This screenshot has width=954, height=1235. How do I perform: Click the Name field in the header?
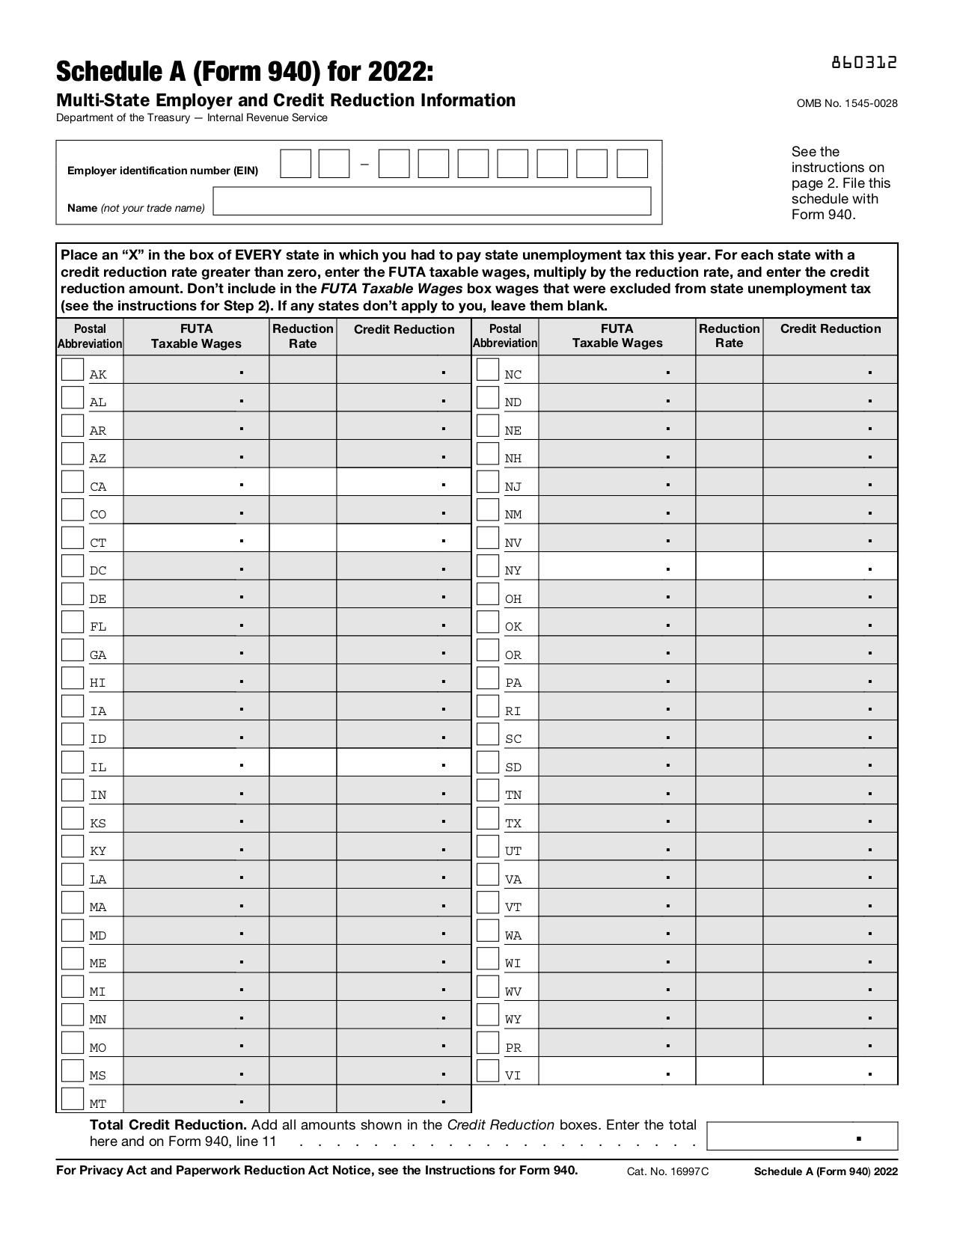432,201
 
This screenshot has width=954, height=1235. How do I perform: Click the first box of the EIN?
296,164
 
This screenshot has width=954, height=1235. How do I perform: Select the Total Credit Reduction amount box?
801,1136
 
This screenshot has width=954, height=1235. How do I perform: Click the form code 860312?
863,63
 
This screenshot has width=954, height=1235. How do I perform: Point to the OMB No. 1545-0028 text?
846,103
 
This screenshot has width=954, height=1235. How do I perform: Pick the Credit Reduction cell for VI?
830,1071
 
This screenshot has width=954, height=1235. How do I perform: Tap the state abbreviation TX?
513,824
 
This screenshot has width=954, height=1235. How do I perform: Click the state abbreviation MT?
98,1104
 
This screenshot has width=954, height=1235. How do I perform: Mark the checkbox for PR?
487,1043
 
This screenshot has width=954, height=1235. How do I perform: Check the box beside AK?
72,370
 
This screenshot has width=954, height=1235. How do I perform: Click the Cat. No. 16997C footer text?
667,1171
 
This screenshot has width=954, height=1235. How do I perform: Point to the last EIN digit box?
632,164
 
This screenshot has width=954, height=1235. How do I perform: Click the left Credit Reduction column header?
403,330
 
